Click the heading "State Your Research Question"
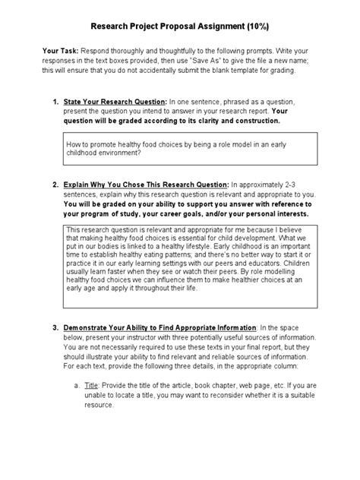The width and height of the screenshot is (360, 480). tap(117, 102)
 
